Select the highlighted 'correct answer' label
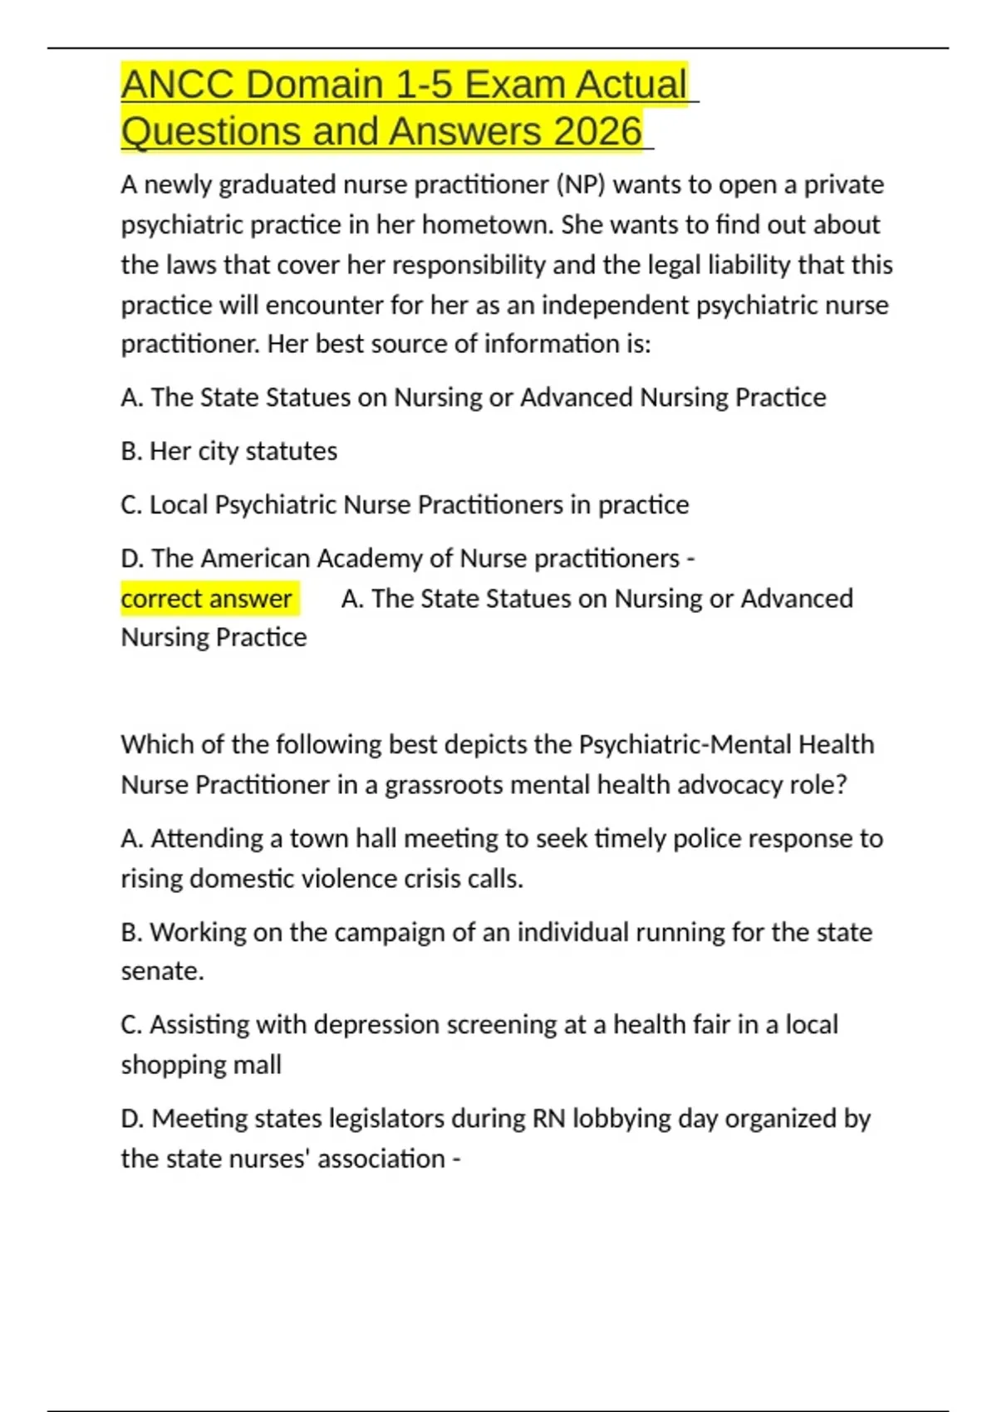click(x=206, y=598)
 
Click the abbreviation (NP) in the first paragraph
click(x=582, y=184)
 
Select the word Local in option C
click(x=178, y=505)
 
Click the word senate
click(x=162, y=971)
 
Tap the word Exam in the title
click(x=515, y=85)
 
